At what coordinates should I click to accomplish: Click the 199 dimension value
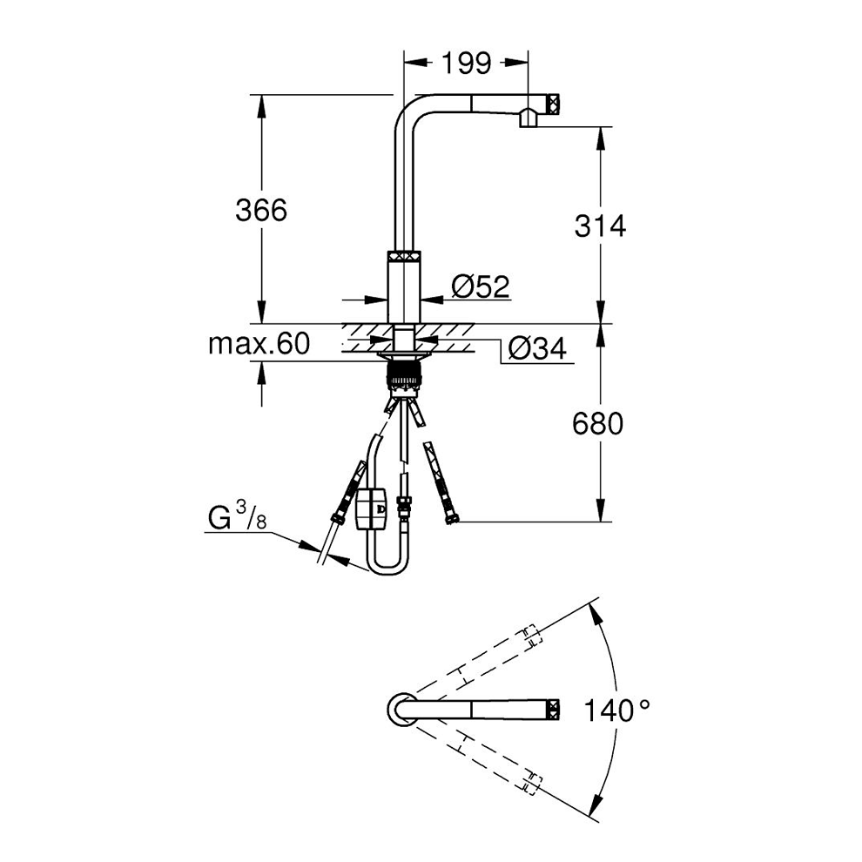[x=466, y=63]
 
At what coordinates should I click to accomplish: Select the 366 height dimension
[x=260, y=210]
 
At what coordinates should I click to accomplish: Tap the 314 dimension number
[x=599, y=226]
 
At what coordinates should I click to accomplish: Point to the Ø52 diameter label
[x=480, y=286]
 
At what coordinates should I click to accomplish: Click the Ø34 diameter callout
[x=535, y=349]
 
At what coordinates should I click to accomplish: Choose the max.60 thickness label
[x=259, y=345]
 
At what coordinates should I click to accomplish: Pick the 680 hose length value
[x=599, y=424]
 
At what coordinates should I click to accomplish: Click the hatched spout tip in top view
[x=552, y=708]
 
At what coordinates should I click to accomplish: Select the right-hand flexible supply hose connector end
[x=450, y=520]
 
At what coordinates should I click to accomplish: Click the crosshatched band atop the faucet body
[x=404, y=258]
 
